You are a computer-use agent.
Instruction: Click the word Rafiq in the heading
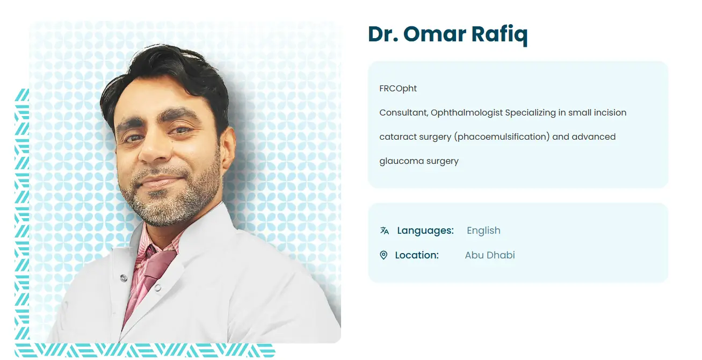[x=499, y=35]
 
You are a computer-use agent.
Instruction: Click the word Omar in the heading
[x=435, y=34]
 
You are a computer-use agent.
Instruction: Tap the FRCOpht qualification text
[x=398, y=89]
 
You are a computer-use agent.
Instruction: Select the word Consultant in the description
[x=404, y=113]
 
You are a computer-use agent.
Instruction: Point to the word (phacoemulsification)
[x=502, y=137]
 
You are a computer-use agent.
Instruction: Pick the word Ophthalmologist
[x=467, y=113]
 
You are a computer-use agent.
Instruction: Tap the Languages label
[x=425, y=231]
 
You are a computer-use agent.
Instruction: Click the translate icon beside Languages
[x=385, y=231]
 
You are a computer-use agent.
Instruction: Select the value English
[x=483, y=231]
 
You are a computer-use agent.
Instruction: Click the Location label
[x=417, y=255]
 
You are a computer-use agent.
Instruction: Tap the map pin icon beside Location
[x=383, y=255]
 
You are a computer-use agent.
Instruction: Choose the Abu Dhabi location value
[x=490, y=255]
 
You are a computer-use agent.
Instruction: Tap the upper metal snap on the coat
[x=124, y=278]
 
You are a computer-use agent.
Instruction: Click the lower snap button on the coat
[x=157, y=287]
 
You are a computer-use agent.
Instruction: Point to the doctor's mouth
[x=161, y=181]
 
